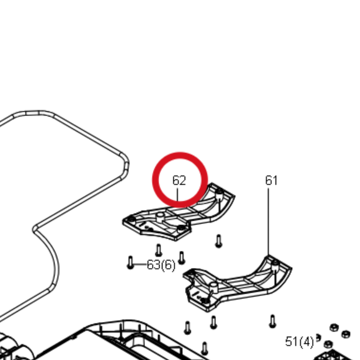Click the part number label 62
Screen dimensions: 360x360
pyautogui.click(x=179, y=180)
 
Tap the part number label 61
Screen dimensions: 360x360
pyautogui.click(x=271, y=180)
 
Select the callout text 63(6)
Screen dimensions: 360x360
pyautogui.click(x=161, y=265)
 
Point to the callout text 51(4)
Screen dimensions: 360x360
pyautogui.click(x=299, y=342)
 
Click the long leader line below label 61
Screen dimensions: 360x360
pyautogui.click(x=268, y=222)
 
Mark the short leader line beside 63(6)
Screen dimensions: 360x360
pyautogui.click(x=140, y=264)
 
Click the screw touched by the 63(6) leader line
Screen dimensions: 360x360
pyautogui.click(x=130, y=262)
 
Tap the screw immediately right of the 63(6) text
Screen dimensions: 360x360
pyautogui.click(x=182, y=258)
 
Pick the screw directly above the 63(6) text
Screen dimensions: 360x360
pyautogui.click(x=158, y=250)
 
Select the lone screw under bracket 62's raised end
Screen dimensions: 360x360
pyautogui.click(x=218, y=241)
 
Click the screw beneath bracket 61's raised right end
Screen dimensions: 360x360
pyautogui.click(x=272, y=321)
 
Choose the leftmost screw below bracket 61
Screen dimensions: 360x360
pyautogui.click(x=188, y=328)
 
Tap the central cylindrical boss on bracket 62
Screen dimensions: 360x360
pyautogui.click(x=160, y=217)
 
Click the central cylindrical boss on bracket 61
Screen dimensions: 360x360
pyautogui.click(x=214, y=287)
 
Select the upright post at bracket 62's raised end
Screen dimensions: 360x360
pyautogui.click(x=220, y=195)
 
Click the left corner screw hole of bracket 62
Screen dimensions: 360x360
pyautogui.click(x=131, y=220)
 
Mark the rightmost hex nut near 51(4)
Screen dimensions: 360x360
pyautogui.click(x=346, y=334)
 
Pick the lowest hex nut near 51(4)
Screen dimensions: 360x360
pyautogui.click(x=328, y=344)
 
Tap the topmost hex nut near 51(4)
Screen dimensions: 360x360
pyautogui.click(x=334, y=327)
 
